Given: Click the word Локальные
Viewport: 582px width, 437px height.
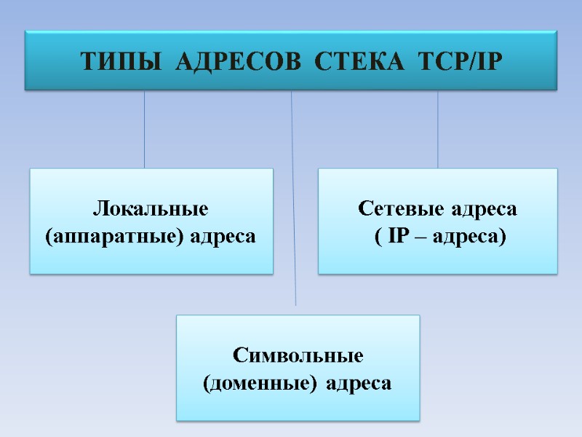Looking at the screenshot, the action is pos(151,209).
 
